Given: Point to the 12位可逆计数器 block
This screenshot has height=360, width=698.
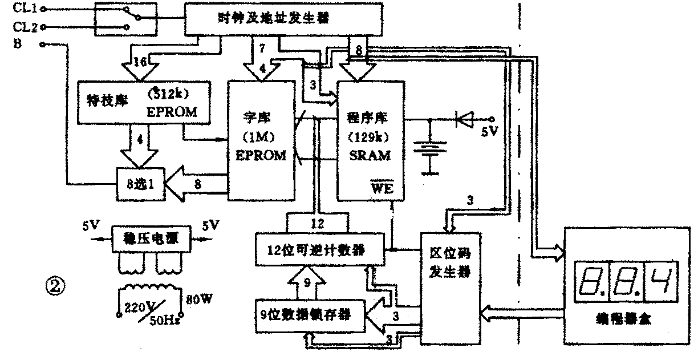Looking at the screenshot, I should (x=317, y=249).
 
